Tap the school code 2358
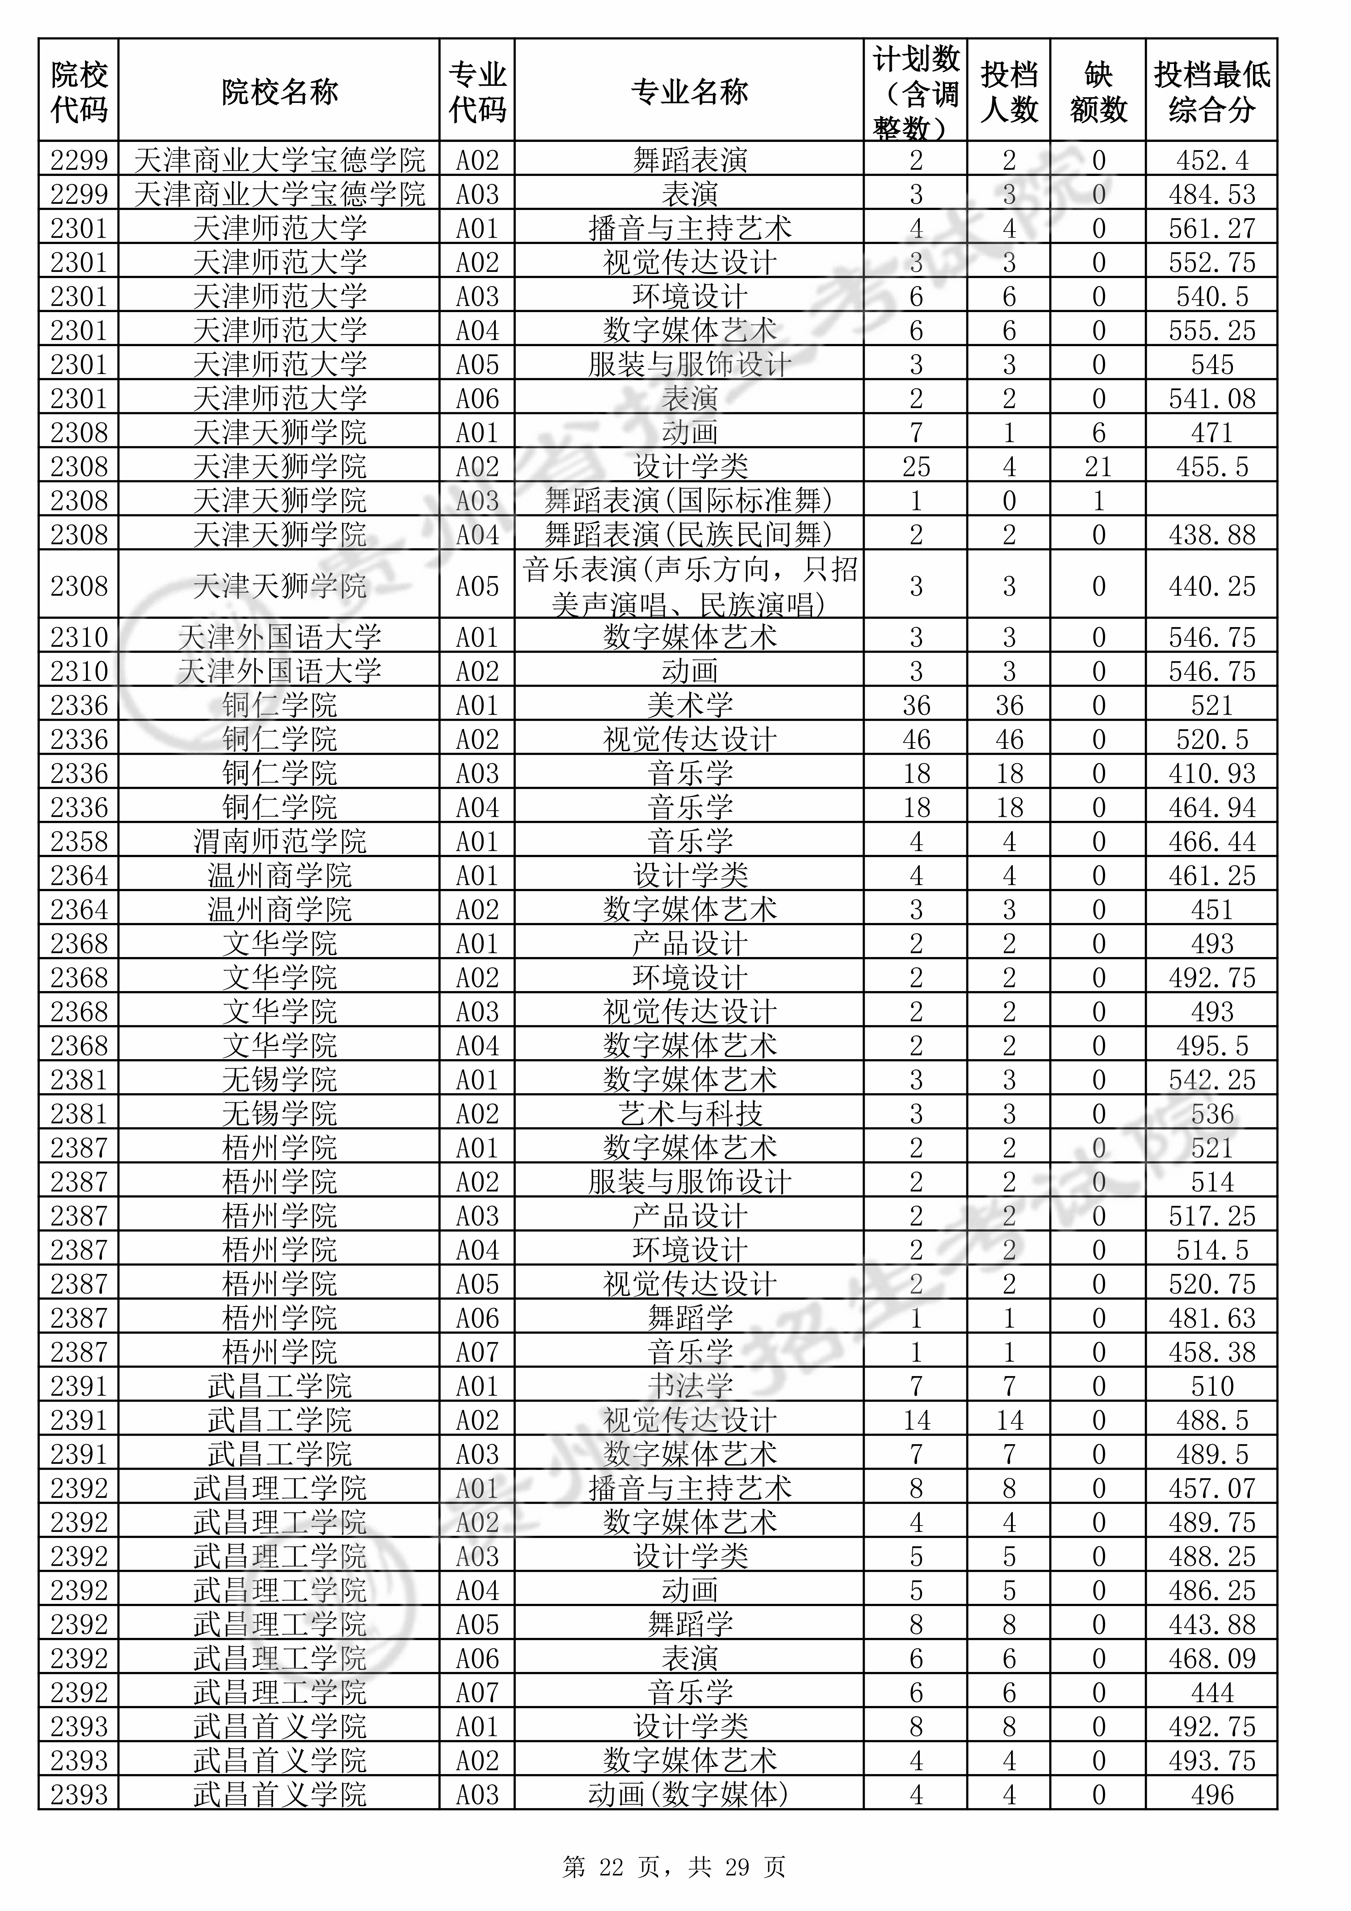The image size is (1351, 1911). pyautogui.click(x=79, y=842)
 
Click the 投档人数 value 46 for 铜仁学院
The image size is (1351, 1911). pyautogui.click(x=1009, y=739)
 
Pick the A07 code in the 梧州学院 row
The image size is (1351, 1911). pyautogui.click(x=477, y=1352)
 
